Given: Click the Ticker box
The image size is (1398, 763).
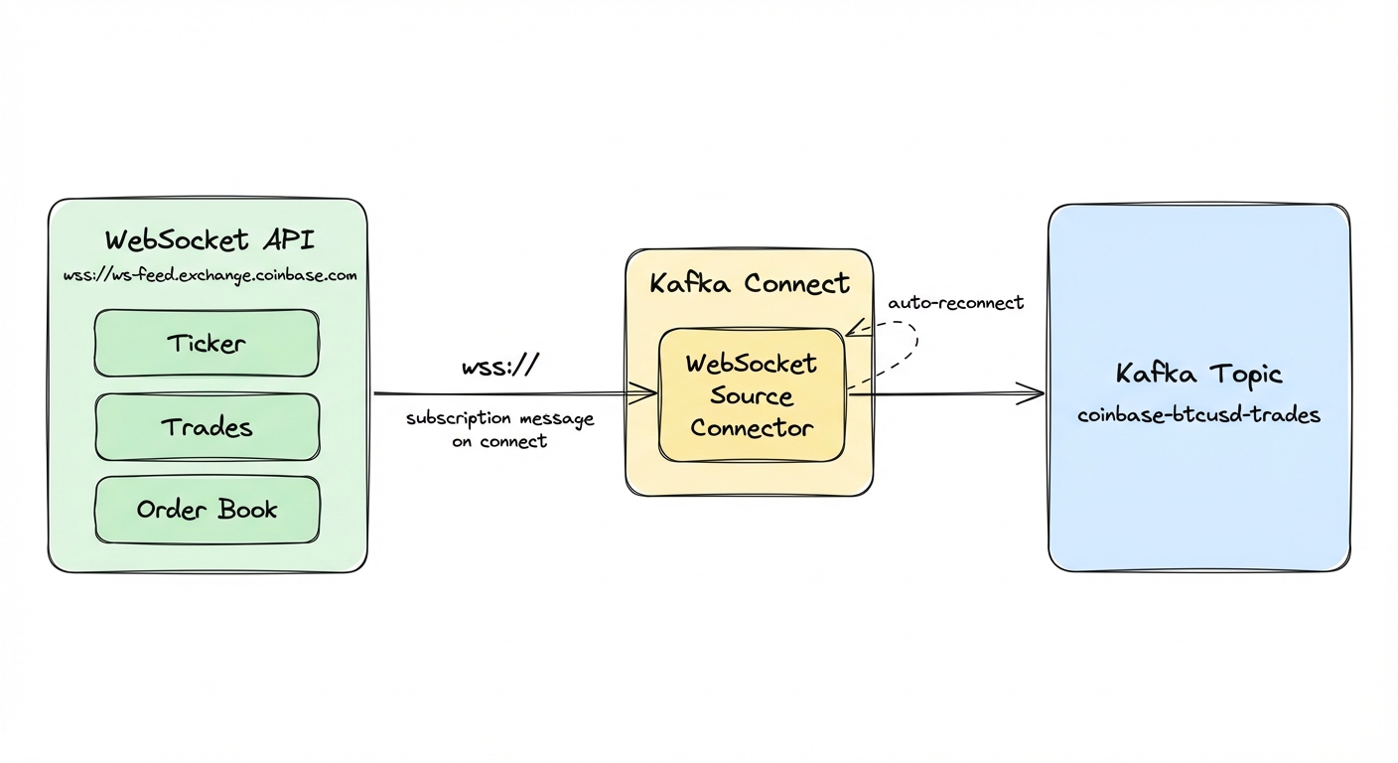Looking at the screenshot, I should [x=207, y=344].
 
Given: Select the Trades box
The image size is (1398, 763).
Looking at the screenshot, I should [x=207, y=427].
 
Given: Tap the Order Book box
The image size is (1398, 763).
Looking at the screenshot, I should [x=207, y=510].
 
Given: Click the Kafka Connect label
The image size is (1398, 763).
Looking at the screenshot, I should [x=749, y=284].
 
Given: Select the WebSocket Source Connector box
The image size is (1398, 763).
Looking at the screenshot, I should [x=752, y=395].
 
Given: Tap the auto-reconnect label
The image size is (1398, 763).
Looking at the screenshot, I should [x=954, y=303].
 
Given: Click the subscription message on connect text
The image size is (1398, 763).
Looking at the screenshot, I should [x=499, y=429].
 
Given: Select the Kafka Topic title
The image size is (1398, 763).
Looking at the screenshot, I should [x=1198, y=375].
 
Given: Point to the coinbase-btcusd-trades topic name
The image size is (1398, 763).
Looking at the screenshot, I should [x=1198, y=415].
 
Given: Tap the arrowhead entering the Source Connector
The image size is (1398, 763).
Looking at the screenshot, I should [x=650, y=394].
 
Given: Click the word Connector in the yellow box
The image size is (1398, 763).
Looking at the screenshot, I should [x=752, y=429].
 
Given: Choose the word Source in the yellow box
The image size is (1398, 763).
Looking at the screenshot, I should [x=752, y=396].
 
